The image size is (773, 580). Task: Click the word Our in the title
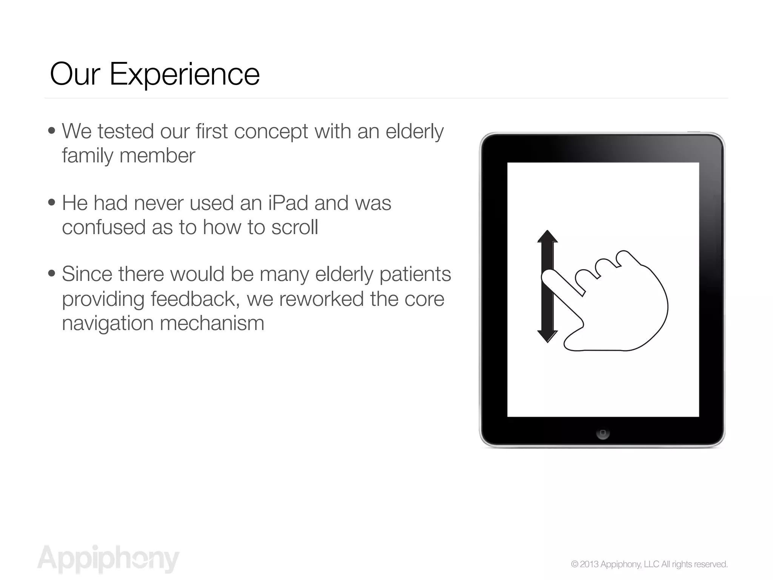[75, 74]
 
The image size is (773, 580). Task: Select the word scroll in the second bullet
[294, 227]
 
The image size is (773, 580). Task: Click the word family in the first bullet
[87, 156]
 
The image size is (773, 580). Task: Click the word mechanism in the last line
[212, 323]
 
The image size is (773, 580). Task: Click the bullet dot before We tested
[52, 131]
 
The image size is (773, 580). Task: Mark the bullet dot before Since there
[52, 274]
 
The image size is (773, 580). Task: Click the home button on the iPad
[602, 433]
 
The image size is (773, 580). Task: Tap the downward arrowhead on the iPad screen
[547, 336]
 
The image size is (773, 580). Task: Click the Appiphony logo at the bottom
[108, 559]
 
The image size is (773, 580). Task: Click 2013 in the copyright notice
[589, 564]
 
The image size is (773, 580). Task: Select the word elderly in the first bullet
[414, 131]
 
